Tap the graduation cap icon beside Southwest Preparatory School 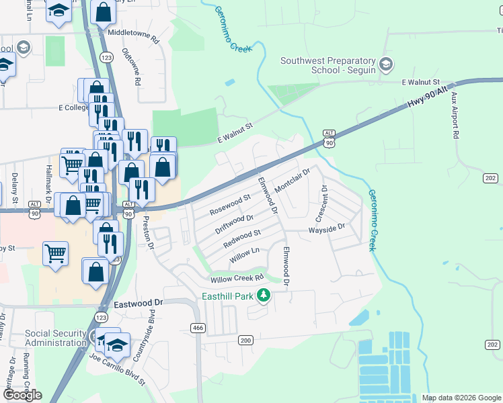click(386, 65)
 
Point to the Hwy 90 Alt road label click(427, 99)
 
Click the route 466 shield click(198, 327)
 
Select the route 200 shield click(245, 341)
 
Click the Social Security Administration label click(56, 338)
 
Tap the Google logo click(22, 395)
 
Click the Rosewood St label click(229, 205)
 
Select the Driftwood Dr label click(234, 224)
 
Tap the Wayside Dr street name click(326, 228)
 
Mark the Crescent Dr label click(322, 204)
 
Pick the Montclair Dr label click(291, 180)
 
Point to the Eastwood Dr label click(139, 304)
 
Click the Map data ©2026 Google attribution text click(461, 398)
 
